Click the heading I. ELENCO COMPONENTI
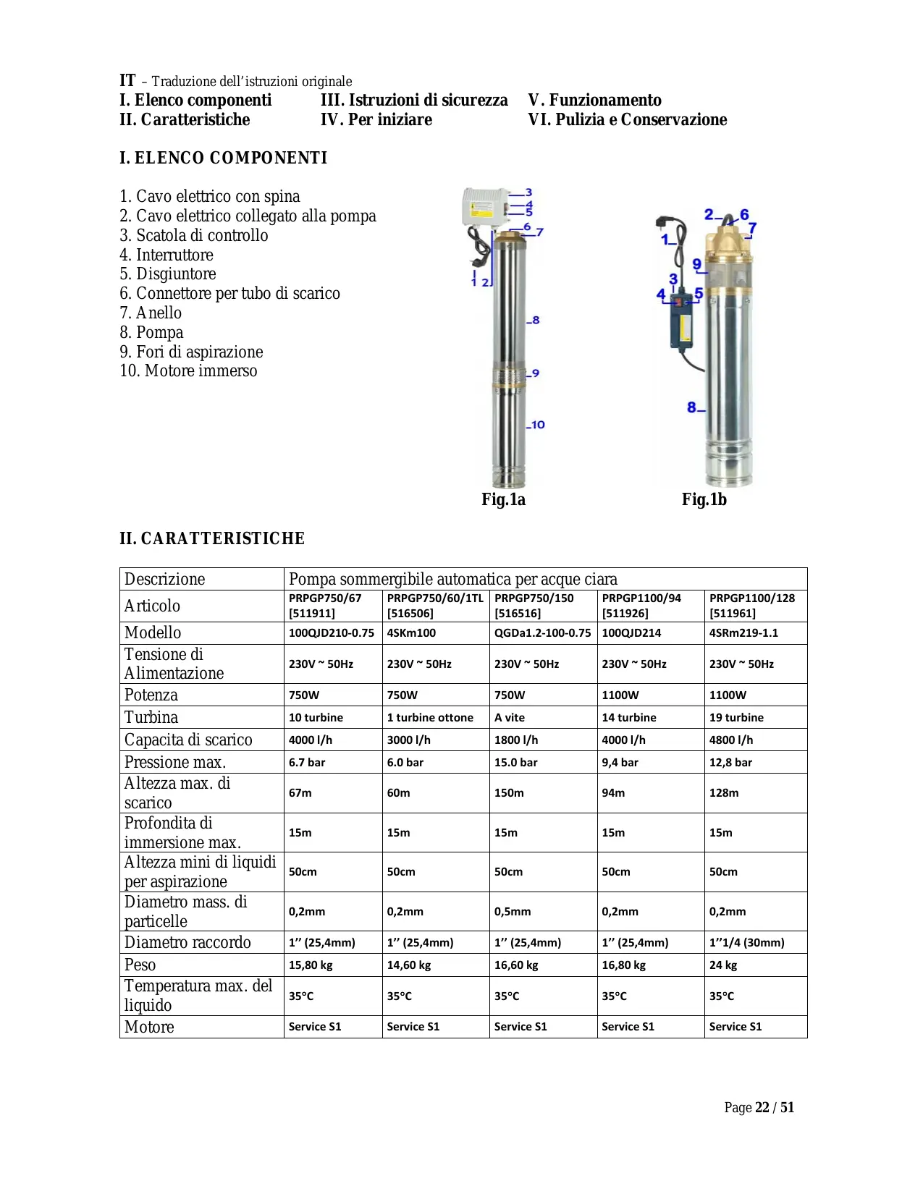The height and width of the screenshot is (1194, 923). [223, 158]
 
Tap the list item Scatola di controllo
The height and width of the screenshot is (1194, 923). [194, 235]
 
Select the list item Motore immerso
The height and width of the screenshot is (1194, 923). [188, 371]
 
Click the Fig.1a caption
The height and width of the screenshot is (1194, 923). [503, 499]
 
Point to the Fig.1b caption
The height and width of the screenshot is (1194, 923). [704, 499]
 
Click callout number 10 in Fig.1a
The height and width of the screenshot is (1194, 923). [536, 425]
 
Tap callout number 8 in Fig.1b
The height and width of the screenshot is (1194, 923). [692, 407]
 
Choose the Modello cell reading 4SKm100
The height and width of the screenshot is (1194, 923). [411, 632]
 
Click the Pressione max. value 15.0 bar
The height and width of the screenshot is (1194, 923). [515, 762]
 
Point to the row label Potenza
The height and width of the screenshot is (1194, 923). [151, 695]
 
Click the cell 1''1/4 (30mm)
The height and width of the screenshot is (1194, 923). [746, 942]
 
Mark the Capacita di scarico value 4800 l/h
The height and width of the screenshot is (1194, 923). [731, 740]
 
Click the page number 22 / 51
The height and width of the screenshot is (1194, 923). [774, 1107]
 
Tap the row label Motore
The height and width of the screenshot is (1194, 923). [149, 1026]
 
